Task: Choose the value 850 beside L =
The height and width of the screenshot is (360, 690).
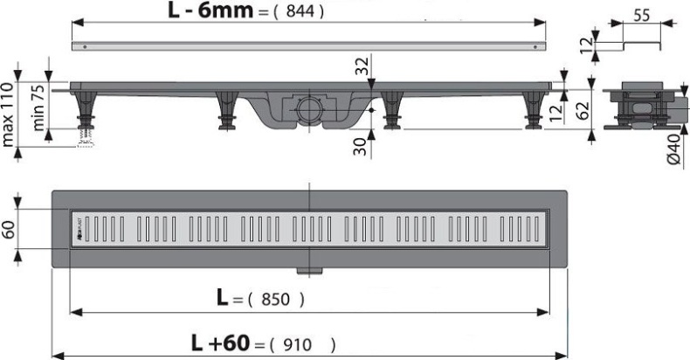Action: tap(276, 299)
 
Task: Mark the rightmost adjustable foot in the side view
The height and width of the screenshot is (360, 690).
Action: tap(530, 112)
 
